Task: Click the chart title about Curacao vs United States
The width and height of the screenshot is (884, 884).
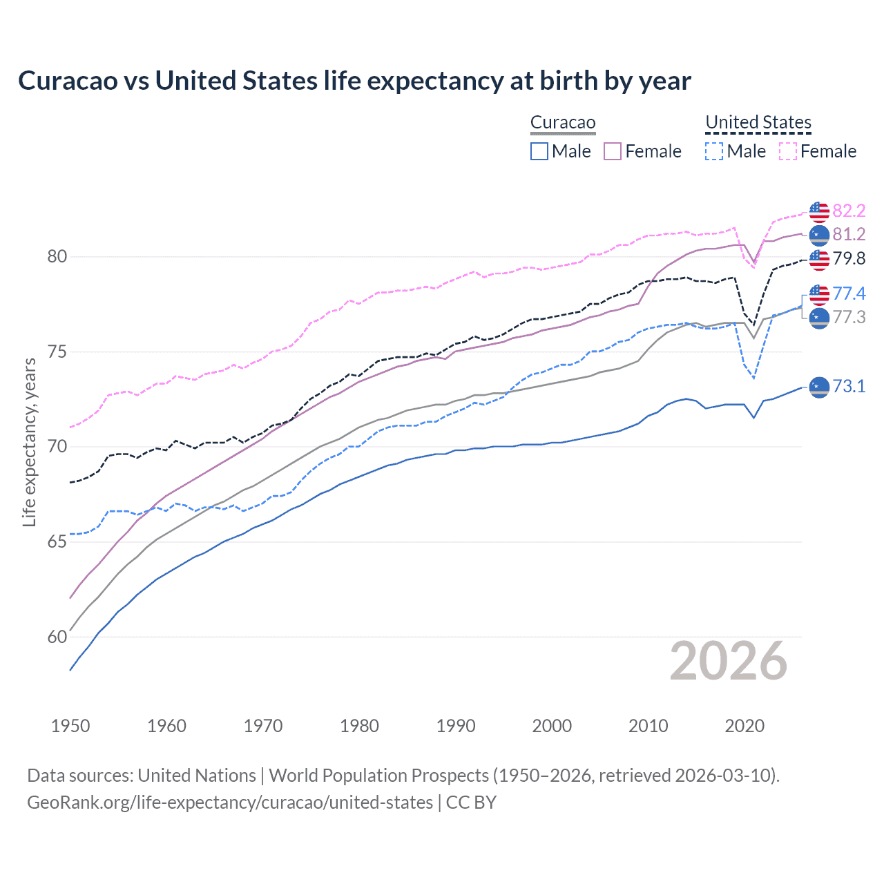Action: (x=354, y=81)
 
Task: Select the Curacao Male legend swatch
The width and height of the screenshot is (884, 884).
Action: (x=539, y=151)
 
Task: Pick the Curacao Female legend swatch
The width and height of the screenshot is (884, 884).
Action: (x=613, y=151)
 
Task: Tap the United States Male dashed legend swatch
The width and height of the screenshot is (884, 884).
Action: (x=714, y=151)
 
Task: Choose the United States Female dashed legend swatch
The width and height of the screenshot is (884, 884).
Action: (x=788, y=151)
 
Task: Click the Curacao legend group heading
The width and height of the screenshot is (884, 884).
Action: (x=563, y=123)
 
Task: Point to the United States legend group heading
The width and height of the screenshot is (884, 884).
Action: (x=758, y=123)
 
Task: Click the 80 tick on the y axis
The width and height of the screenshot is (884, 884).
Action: (x=57, y=257)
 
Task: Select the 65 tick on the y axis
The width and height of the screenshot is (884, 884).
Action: (x=57, y=542)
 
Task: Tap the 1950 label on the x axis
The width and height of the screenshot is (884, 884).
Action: (x=70, y=726)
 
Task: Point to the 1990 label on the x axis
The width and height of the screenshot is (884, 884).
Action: (x=456, y=726)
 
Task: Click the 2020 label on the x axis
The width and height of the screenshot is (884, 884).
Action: (x=744, y=726)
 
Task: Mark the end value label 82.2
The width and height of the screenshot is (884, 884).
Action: (x=849, y=211)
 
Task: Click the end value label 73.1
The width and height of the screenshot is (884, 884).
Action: (x=849, y=386)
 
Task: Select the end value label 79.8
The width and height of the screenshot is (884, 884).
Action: (x=849, y=259)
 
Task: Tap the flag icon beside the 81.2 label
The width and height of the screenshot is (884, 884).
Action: (x=819, y=235)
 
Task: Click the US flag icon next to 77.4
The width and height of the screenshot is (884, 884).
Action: (x=819, y=294)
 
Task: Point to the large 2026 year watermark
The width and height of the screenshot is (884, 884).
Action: (x=729, y=662)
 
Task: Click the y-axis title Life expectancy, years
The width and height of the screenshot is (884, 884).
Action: (x=29, y=442)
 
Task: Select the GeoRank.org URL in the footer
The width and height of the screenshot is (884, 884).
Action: (x=230, y=803)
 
